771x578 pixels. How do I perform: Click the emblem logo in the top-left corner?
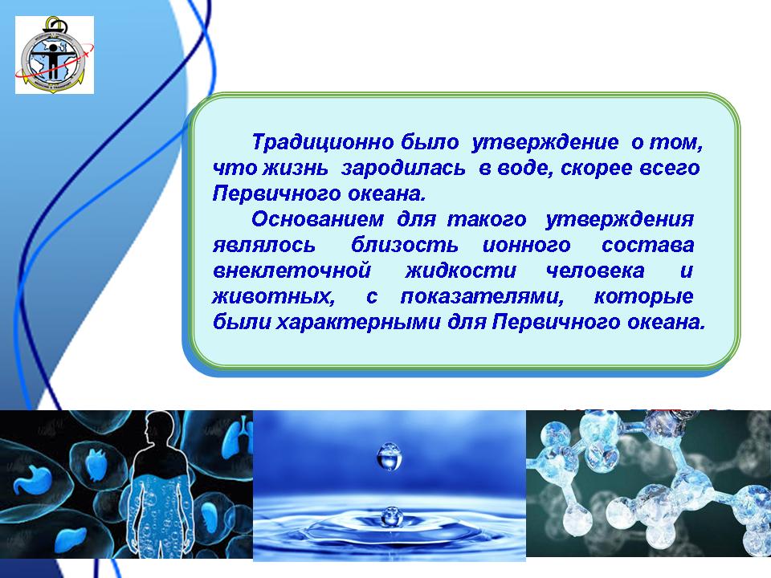(x=55, y=55)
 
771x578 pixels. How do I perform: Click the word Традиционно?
(x=323, y=142)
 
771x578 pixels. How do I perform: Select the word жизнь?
(x=296, y=168)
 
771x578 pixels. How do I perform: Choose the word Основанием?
(x=318, y=218)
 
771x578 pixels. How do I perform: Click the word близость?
(x=404, y=245)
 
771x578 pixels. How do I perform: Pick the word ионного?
(x=527, y=245)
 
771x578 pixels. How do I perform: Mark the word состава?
(x=647, y=245)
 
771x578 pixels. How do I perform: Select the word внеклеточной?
(x=292, y=271)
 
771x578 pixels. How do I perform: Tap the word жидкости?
(x=461, y=271)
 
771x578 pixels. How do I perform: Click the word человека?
(x=595, y=271)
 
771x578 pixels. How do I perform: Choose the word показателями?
(x=482, y=296)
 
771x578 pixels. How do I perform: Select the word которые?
(x=643, y=296)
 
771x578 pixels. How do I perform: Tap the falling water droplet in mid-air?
(x=389, y=457)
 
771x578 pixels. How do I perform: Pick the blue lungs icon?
(x=238, y=433)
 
